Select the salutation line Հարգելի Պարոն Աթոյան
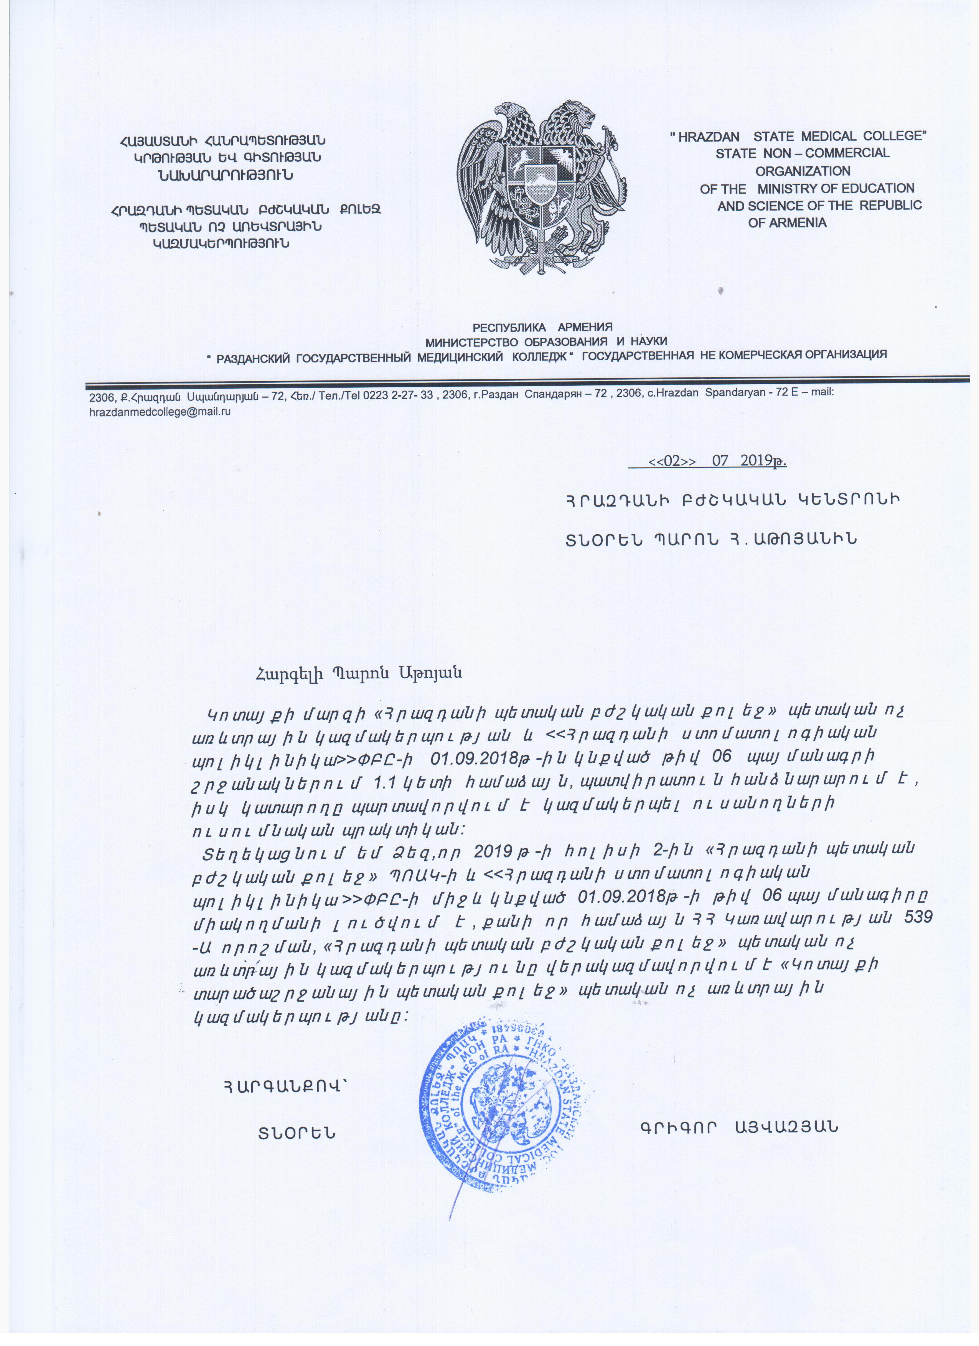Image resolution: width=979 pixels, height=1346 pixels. [358, 674]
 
